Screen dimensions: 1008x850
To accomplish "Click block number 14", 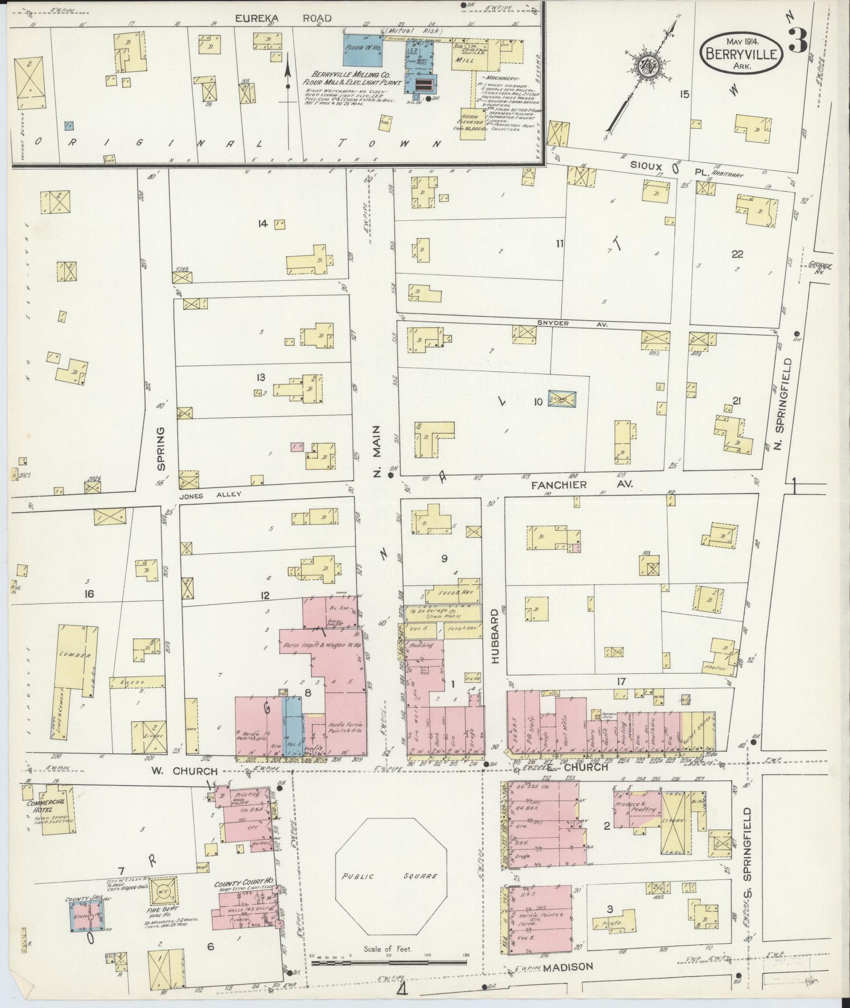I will click(262, 224).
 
